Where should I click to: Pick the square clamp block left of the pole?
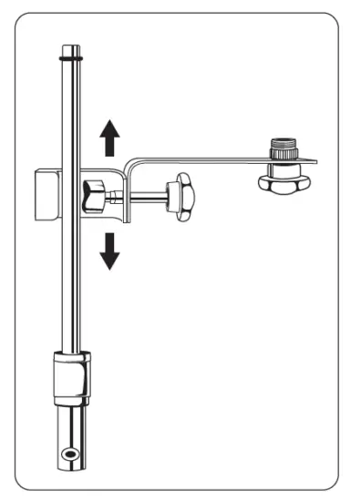pyautogui.click(x=45, y=195)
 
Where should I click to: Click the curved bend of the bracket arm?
pyautogui.click(x=130, y=164)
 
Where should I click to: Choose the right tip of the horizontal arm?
pyautogui.click(x=314, y=161)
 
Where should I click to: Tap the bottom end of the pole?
pyautogui.click(x=69, y=468)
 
